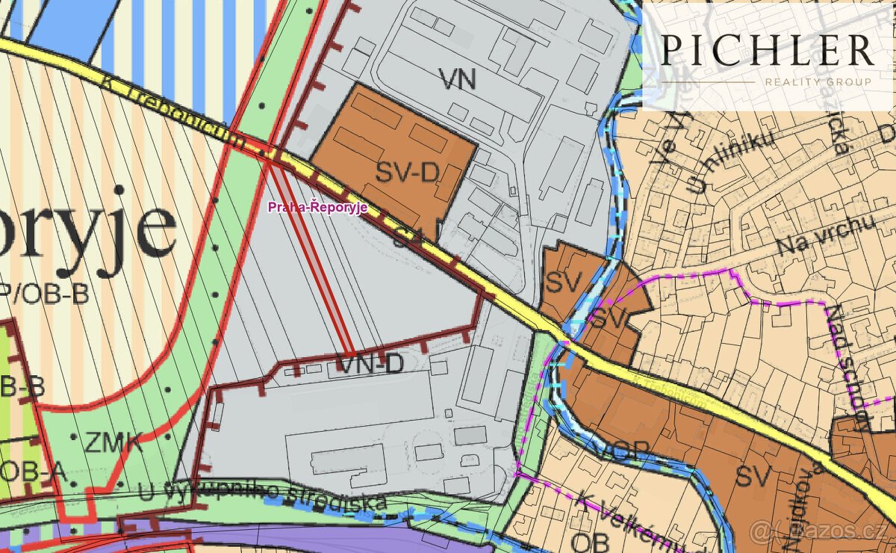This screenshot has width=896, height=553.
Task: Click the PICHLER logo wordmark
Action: [x=767, y=50]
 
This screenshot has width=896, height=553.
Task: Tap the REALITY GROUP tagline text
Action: [x=818, y=81]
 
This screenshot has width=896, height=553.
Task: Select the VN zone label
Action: [x=457, y=79]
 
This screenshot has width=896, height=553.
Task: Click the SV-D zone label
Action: [x=406, y=173]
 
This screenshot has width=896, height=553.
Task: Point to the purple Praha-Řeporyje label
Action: [x=317, y=208]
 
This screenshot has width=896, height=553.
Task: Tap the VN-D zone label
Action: [x=370, y=364]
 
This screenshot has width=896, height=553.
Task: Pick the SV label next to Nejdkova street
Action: [x=753, y=475]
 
